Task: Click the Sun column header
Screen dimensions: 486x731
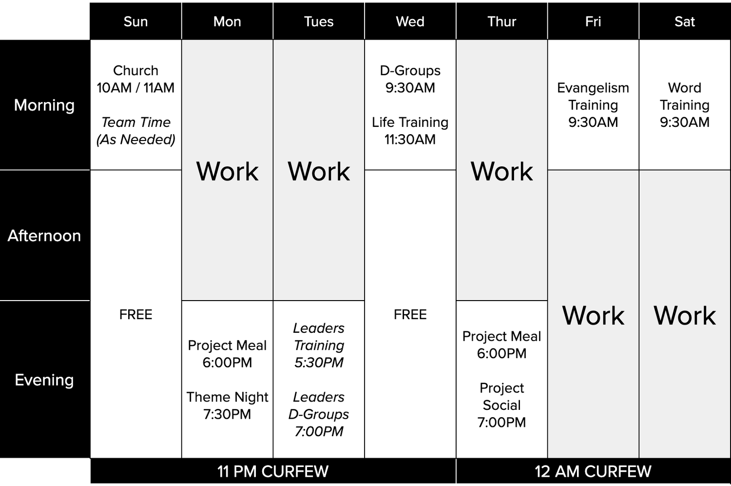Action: click(135, 21)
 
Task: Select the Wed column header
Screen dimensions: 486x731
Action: click(410, 21)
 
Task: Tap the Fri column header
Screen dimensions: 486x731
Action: click(593, 21)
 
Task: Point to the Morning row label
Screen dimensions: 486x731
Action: click(44, 105)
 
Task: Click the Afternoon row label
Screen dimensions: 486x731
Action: click(44, 236)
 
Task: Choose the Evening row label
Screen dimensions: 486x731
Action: click(44, 380)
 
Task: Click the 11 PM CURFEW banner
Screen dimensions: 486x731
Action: click(273, 471)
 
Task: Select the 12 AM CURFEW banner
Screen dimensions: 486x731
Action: click(593, 471)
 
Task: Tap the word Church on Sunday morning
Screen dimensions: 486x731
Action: click(135, 71)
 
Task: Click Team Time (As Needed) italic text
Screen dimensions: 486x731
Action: click(135, 131)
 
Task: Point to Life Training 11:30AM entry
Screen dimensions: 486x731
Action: click(410, 131)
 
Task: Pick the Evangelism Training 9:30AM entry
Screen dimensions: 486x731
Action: click(593, 105)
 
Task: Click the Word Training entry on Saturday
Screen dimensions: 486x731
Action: click(685, 105)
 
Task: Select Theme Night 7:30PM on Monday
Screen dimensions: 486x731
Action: click(227, 405)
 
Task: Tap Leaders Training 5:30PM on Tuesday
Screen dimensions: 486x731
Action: click(319, 345)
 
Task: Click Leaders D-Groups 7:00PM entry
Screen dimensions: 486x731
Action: click(319, 414)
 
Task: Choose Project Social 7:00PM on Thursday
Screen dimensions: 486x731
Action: click(501, 405)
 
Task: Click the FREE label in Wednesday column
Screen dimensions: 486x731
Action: click(410, 315)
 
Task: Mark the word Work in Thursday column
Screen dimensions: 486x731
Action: click(501, 171)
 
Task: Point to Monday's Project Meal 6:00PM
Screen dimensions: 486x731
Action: click(227, 354)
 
